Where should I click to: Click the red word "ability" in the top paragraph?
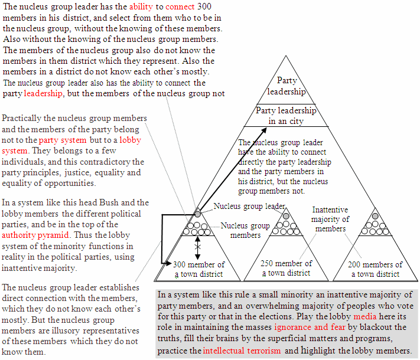point(141,6)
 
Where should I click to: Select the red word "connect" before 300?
point(180,6)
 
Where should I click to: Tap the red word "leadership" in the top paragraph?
point(43,93)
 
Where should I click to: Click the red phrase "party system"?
point(63,140)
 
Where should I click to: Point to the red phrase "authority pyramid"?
point(35,235)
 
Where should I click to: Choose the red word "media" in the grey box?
point(365,316)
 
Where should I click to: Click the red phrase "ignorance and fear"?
point(310,327)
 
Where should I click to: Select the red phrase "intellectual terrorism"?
point(242,351)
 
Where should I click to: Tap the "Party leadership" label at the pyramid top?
point(286,86)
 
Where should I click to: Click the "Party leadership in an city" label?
point(286,116)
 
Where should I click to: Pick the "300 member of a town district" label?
point(198,269)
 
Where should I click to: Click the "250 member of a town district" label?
point(286,268)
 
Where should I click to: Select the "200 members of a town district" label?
point(375,269)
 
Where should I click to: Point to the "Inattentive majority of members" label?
point(330,219)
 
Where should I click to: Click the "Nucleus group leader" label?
point(249,206)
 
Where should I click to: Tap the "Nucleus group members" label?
point(245,230)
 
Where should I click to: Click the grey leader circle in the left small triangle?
point(197,214)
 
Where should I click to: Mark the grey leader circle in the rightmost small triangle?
point(375,216)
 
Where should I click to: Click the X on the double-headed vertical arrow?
point(197,247)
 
